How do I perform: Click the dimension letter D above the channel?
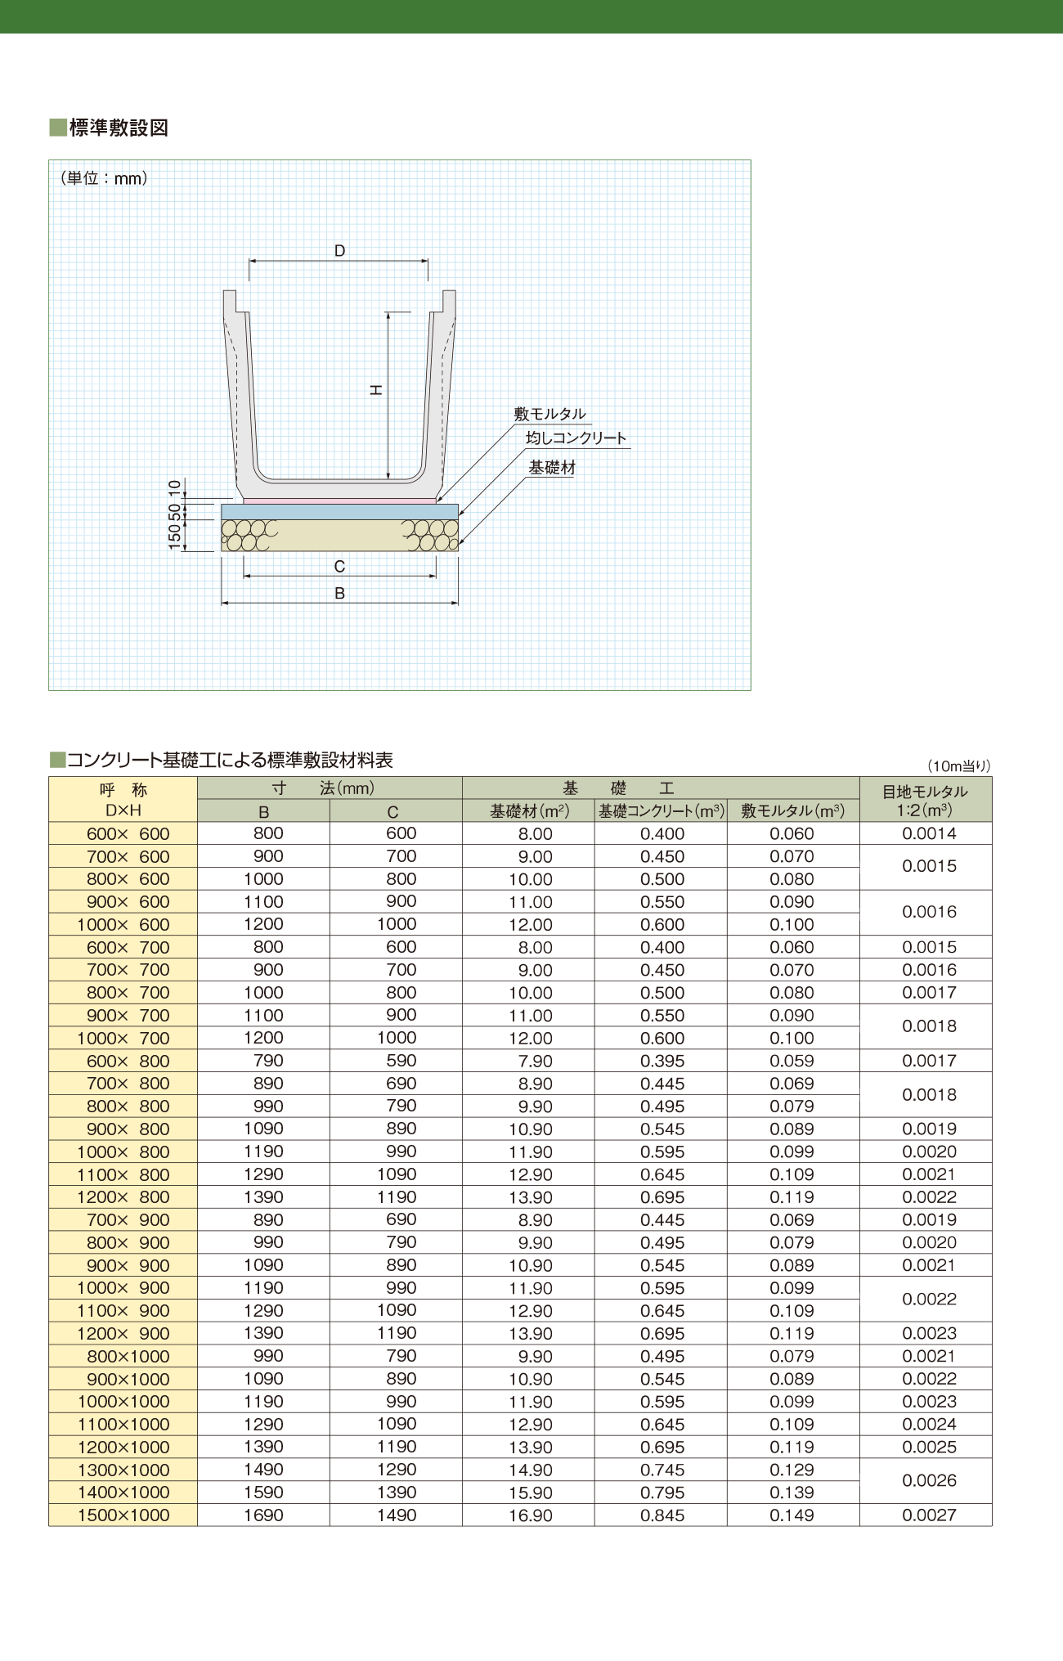[339, 250]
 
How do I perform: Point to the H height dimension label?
[376, 390]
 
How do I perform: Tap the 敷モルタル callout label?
[549, 414]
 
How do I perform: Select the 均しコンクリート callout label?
[576, 438]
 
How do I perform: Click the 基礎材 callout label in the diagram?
[552, 467]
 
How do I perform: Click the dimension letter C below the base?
[339, 566]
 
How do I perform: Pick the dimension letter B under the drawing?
[339, 594]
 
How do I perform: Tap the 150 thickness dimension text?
[175, 536]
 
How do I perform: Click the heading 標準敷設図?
[119, 128]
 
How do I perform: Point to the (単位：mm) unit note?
[104, 177]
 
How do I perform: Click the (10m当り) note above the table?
[958, 766]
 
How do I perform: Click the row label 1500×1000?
[123, 1515]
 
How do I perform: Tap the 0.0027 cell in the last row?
[929, 1515]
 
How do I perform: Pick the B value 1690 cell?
[263, 1515]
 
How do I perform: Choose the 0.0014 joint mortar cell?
[929, 833]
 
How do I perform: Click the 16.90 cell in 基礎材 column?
[531, 1515]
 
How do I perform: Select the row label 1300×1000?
[123, 1470]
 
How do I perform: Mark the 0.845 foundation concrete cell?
[662, 1515]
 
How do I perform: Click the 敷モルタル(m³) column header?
[792, 811]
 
